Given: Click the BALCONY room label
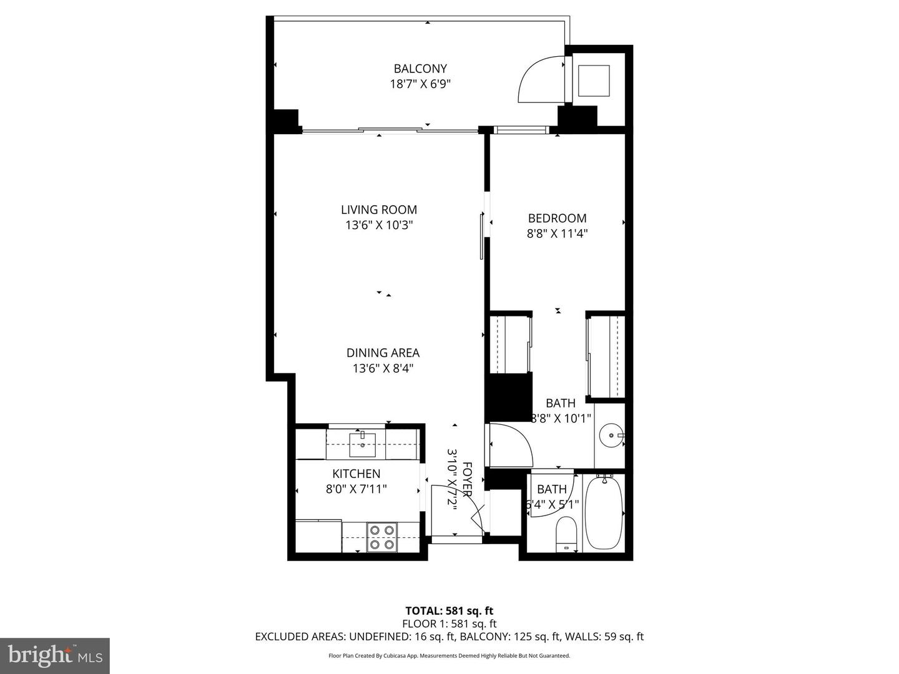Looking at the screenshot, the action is (x=420, y=69).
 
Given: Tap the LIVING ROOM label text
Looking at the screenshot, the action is (x=379, y=210).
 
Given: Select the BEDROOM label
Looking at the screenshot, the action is (x=557, y=218).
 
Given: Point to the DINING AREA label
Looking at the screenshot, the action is (x=383, y=353).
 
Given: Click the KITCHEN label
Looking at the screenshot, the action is (x=356, y=474).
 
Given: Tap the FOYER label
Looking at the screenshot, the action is (x=468, y=479).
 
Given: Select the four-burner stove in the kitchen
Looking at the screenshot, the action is (x=381, y=537).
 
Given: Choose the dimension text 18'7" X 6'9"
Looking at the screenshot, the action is (x=420, y=84).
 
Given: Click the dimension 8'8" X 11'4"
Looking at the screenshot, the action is (x=557, y=234).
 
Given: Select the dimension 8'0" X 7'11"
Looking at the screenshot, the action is (x=356, y=489).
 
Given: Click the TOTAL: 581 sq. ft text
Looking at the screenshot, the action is (x=449, y=611).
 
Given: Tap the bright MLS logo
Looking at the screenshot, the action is (x=55, y=655).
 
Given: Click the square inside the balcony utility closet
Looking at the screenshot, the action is (x=594, y=81).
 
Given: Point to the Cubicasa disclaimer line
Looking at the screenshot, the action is (x=449, y=655).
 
